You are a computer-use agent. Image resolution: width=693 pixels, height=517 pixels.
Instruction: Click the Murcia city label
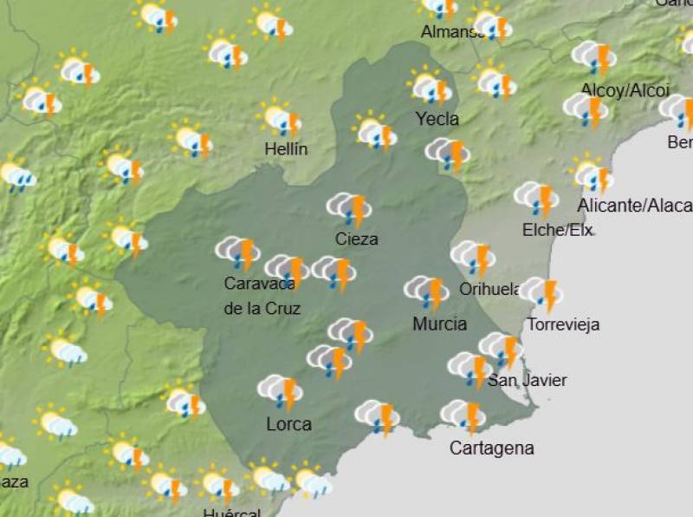tap(440, 324)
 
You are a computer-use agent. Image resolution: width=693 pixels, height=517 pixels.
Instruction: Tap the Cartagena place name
tap(491, 448)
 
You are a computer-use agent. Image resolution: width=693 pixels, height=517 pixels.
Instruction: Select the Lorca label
tap(288, 424)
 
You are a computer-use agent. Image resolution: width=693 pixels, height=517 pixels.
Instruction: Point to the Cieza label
tap(357, 239)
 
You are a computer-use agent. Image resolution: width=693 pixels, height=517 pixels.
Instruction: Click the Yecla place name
tap(437, 119)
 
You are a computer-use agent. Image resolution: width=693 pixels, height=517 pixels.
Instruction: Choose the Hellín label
tap(286, 149)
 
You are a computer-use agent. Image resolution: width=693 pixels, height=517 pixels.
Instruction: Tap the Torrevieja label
tap(563, 325)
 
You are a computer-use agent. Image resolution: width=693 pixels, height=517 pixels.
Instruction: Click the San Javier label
tap(528, 380)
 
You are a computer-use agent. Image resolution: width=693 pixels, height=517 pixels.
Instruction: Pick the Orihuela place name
tap(490, 289)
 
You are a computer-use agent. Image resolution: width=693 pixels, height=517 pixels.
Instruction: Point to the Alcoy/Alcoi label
tap(613, 90)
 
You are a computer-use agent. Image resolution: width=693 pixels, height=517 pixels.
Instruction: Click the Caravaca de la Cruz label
tap(261, 295)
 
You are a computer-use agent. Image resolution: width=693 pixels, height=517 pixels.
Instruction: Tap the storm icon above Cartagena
tap(463, 416)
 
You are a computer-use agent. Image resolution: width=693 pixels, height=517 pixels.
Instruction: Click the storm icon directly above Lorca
tap(281, 391)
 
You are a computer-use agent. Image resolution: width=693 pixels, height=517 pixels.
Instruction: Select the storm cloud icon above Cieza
tap(349, 209)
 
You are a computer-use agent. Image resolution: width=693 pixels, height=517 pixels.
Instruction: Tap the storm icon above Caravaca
tap(238, 253)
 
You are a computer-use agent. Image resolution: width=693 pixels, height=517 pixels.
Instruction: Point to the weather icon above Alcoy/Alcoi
tap(594, 57)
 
